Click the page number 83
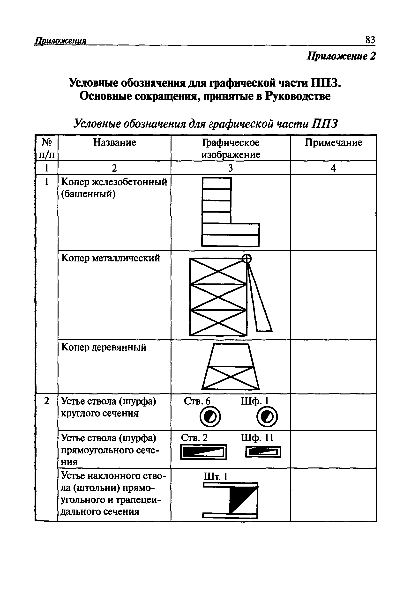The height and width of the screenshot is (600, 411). [370, 40]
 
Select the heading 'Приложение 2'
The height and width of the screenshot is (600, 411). [341, 56]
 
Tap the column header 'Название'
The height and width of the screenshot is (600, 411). [114, 142]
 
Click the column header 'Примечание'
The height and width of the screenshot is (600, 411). [333, 142]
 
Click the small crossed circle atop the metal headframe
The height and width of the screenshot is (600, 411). [247, 258]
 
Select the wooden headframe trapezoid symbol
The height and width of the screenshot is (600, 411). [231, 367]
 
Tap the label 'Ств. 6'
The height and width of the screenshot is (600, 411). [197, 401]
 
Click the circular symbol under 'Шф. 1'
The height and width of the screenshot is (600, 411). [267, 417]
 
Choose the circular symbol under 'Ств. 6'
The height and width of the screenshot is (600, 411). [210, 417]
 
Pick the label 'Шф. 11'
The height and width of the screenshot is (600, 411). [257, 438]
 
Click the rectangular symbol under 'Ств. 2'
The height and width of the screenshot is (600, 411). [203, 452]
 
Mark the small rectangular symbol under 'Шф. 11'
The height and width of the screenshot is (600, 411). [263, 452]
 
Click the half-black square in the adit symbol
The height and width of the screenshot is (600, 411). [243, 500]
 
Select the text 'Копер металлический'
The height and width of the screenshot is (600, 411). [111, 258]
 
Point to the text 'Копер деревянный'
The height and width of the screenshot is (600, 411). [104, 348]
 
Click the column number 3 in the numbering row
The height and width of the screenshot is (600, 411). [231, 168]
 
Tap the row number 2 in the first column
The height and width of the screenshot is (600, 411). [46, 401]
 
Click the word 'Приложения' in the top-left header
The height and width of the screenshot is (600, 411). [60, 41]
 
